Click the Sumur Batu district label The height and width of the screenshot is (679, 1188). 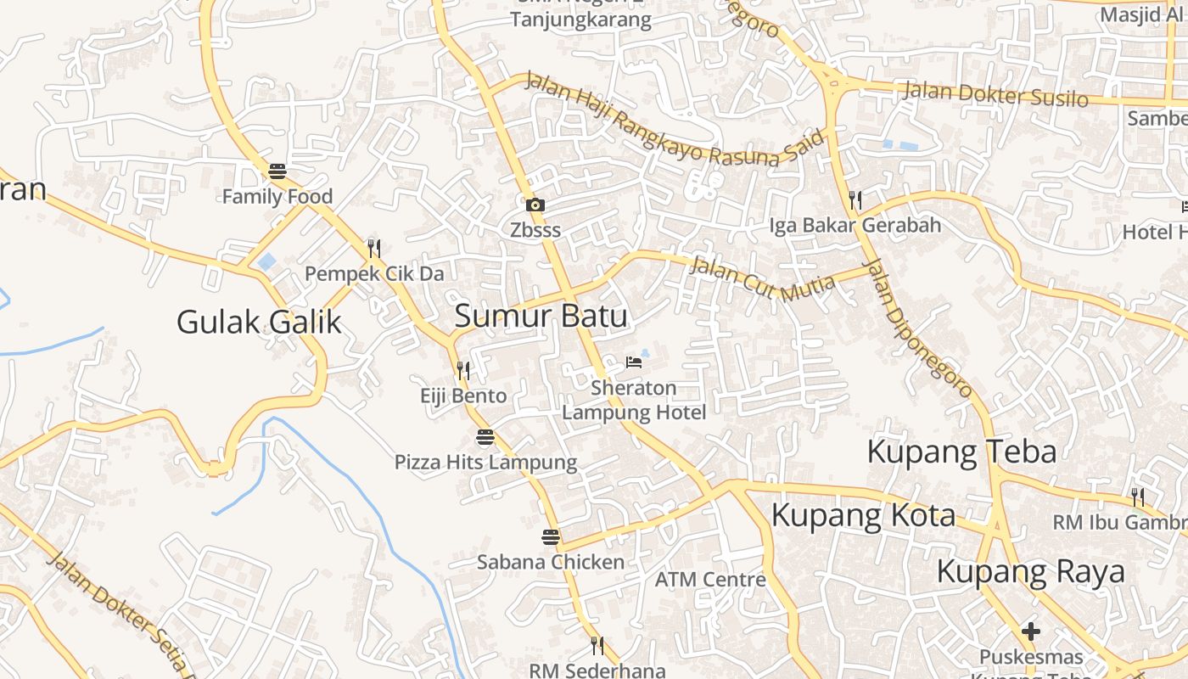pos(541,317)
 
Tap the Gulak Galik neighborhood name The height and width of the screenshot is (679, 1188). pos(259,322)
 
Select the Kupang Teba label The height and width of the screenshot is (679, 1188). pos(961,452)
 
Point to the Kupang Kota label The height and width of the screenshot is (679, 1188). pos(863,515)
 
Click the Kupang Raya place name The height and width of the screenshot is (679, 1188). pos(1030,572)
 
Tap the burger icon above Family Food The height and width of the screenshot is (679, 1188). pos(277,171)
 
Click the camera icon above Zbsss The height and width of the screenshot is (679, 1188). pos(535,205)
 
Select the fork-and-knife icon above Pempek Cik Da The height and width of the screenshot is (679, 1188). pos(373,248)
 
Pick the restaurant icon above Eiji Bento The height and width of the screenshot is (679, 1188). pos(463,370)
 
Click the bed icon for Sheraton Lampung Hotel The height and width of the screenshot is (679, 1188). pos(633,362)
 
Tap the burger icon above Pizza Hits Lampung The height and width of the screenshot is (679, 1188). pos(485,437)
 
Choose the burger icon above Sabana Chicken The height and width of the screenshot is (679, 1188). pos(551,536)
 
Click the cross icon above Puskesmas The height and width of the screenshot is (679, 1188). pos(1031,631)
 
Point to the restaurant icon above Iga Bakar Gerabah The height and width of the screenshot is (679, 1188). pos(855,199)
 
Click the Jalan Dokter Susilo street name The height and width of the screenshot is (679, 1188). pos(995,93)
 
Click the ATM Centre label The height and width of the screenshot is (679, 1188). pos(710,580)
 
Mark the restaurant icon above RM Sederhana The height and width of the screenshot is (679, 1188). pos(597,646)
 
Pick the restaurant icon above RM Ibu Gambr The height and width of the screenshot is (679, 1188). pos(1137,497)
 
